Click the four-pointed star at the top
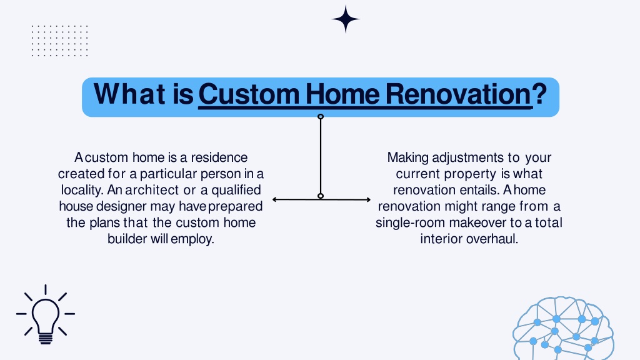point(346,19)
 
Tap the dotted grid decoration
point(59,41)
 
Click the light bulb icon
point(45,315)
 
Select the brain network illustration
point(564,329)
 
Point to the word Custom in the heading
point(249,94)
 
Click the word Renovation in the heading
point(458,94)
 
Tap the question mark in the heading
point(539,94)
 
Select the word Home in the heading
point(342,94)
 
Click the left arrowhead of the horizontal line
point(275,199)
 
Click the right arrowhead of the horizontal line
point(368,199)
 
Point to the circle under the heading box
point(321,117)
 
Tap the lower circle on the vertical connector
point(321,196)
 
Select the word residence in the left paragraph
point(219,157)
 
